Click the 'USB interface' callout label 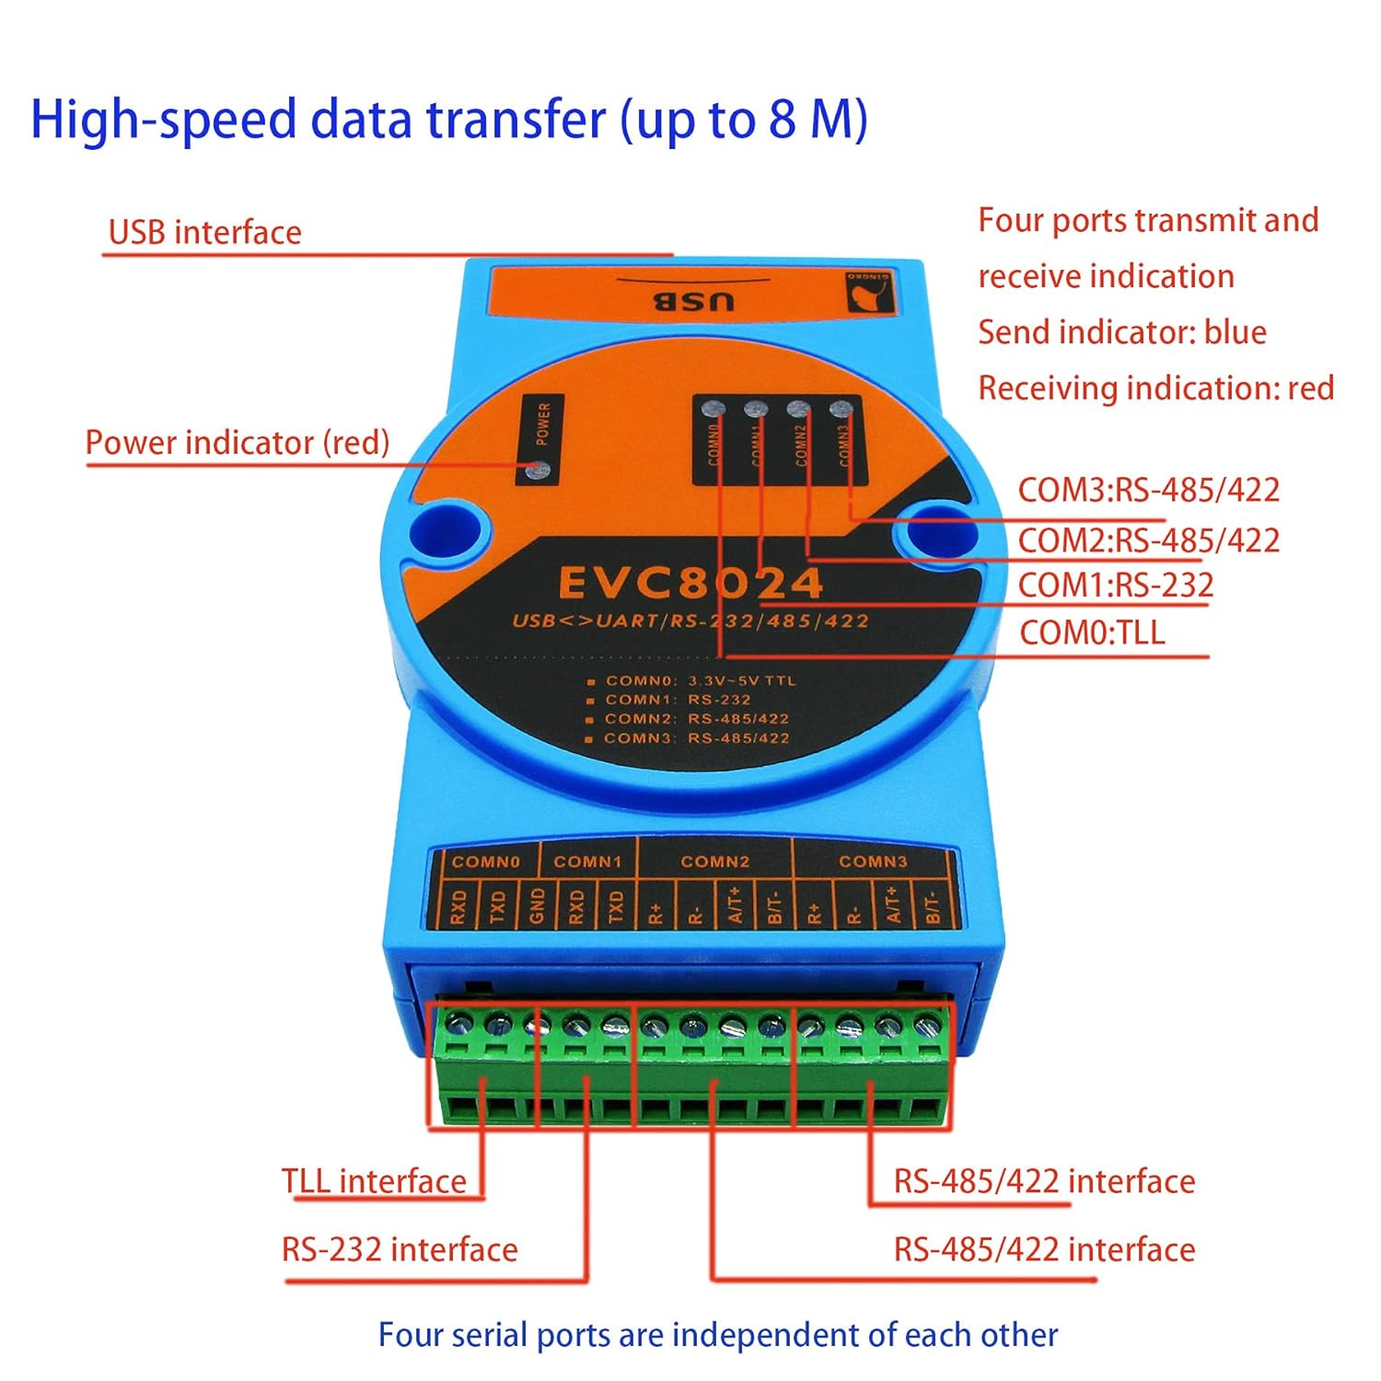pyautogui.click(x=204, y=232)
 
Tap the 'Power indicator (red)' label pyautogui.click(x=238, y=443)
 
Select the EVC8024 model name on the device pyautogui.click(x=690, y=583)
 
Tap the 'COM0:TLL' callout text pyautogui.click(x=1092, y=633)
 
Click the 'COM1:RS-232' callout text pyautogui.click(x=1115, y=586)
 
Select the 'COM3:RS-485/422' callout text pyautogui.click(x=1148, y=490)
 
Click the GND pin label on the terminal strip pyautogui.click(x=538, y=905)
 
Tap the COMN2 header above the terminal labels pyautogui.click(x=714, y=862)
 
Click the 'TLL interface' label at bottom pyautogui.click(x=374, y=1181)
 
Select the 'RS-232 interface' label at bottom pyautogui.click(x=400, y=1249)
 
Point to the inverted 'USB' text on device pyautogui.click(x=694, y=301)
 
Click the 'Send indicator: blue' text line pyautogui.click(x=1121, y=332)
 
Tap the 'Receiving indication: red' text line pyautogui.click(x=1155, y=389)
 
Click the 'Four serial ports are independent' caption pyautogui.click(x=717, y=1335)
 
